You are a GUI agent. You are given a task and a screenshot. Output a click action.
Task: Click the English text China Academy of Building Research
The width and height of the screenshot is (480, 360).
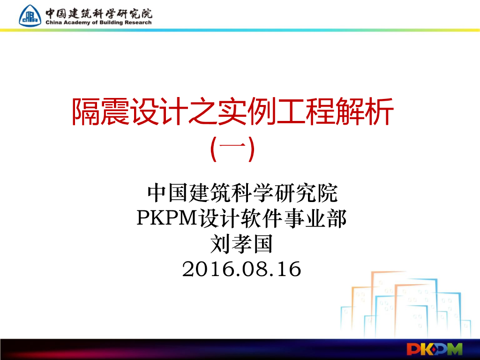(x=99, y=22)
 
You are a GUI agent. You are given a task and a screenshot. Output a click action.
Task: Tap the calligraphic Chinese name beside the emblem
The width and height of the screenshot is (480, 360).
(x=99, y=13)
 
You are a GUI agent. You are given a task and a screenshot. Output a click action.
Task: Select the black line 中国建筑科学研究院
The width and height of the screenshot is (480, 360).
(x=242, y=193)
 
